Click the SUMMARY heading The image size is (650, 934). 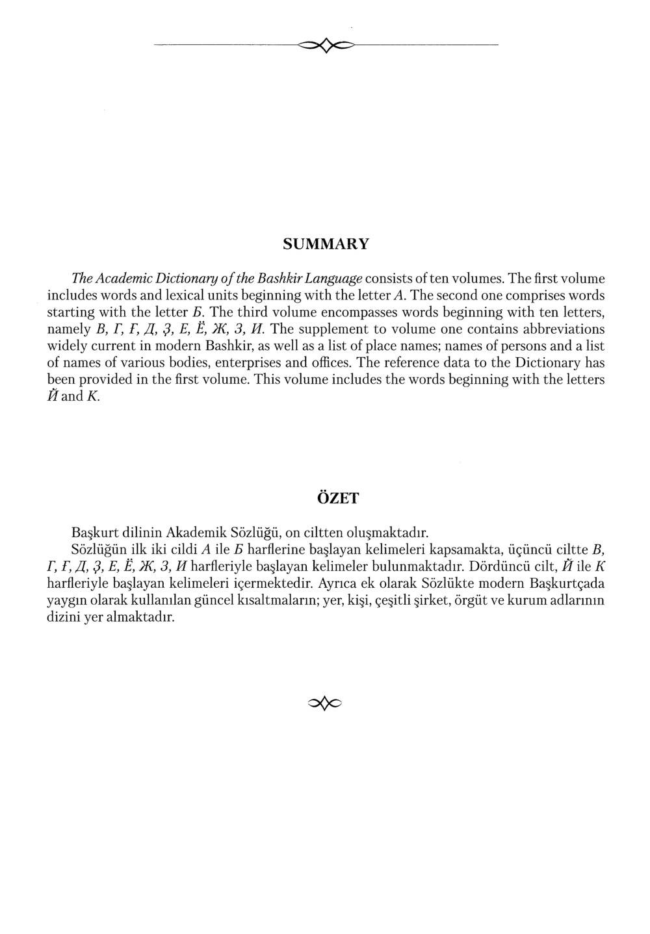[x=326, y=244]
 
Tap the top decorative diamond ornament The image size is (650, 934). [x=326, y=44]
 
